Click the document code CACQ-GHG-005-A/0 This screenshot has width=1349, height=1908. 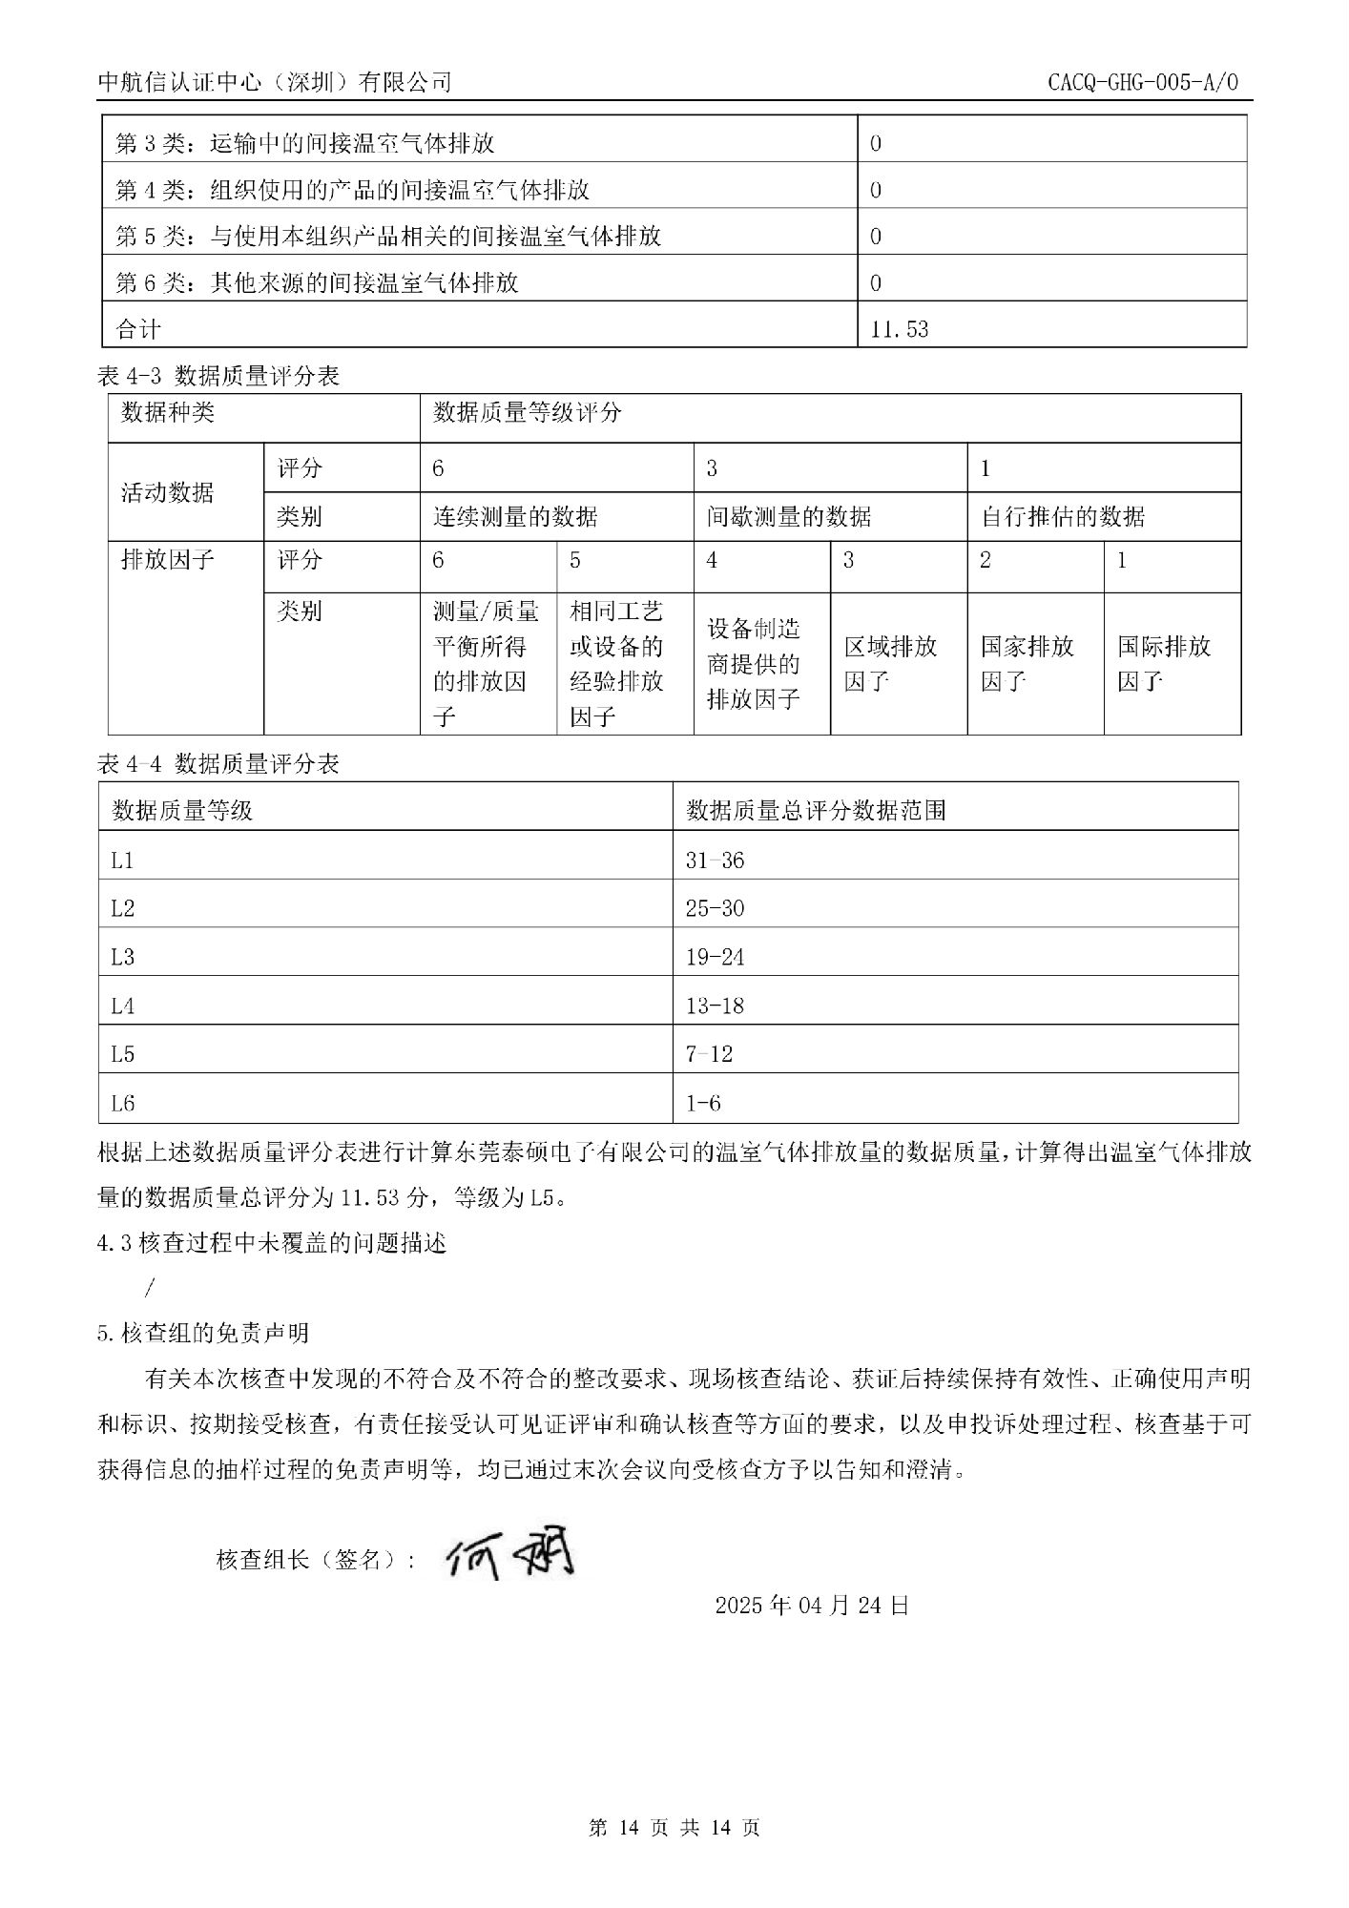tap(1142, 82)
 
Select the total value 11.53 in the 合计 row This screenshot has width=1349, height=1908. tap(899, 329)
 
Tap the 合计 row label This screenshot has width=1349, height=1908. tap(138, 329)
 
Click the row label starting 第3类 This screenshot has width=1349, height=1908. tap(305, 144)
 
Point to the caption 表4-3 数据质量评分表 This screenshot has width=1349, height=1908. tap(218, 377)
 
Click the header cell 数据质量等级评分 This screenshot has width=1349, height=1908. tap(527, 412)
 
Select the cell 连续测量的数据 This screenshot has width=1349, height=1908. tap(515, 517)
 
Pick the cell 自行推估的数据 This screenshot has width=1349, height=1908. tap(1063, 517)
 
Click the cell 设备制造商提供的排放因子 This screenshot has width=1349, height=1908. tap(754, 664)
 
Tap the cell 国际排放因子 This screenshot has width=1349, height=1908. tap(1164, 664)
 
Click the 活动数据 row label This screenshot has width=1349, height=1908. tap(168, 492)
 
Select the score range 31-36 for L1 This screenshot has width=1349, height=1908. tap(715, 861)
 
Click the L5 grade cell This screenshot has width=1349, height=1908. tap(123, 1054)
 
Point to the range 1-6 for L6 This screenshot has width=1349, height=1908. tap(703, 1104)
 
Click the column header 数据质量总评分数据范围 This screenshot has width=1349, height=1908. tap(817, 811)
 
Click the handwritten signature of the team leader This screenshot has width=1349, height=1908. tap(510, 1557)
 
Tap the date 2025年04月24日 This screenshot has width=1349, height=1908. tap(812, 1605)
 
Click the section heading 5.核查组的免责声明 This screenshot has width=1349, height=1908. tap(203, 1333)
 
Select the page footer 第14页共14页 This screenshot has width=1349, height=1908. tap(674, 1828)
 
